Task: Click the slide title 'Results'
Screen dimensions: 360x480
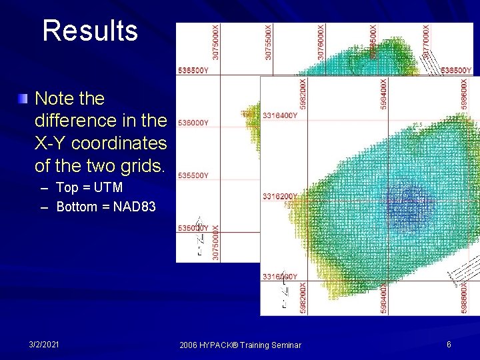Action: pyautogui.click(x=90, y=31)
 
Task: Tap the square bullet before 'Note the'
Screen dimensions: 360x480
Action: pyautogui.click(x=24, y=99)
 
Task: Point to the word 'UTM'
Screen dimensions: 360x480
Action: pyautogui.click(x=109, y=188)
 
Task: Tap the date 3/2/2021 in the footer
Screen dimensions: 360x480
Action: pyautogui.click(x=44, y=344)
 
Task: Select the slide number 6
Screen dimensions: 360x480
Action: pyautogui.click(x=449, y=344)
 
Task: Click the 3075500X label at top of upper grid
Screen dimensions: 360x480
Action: pyautogui.click(x=269, y=42)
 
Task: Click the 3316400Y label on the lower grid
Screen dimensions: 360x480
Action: pyautogui.click(x=280, y=116)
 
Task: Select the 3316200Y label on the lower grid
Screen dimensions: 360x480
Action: pyautogui.click(x=280, y=196)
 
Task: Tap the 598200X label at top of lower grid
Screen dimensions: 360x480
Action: pyautogui.click(x=303, y=95)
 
